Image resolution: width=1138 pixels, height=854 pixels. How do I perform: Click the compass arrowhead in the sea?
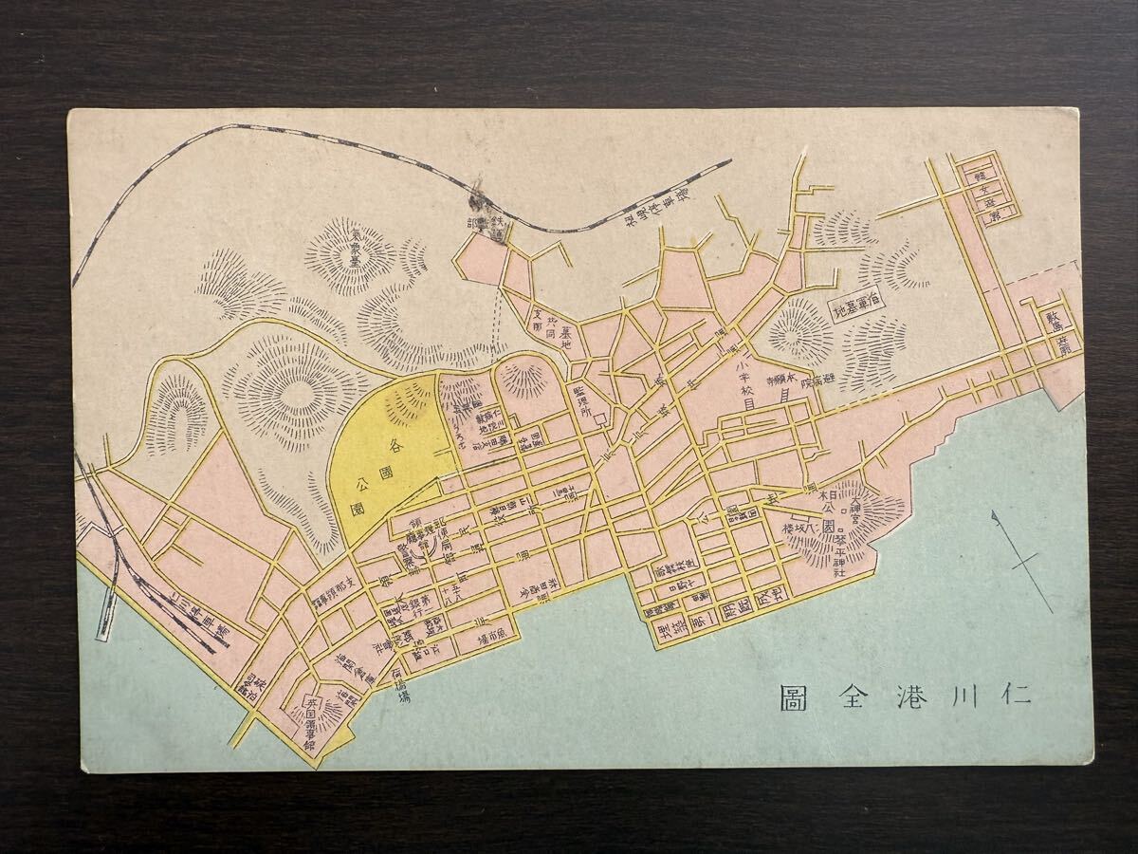[x=995, y=518]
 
